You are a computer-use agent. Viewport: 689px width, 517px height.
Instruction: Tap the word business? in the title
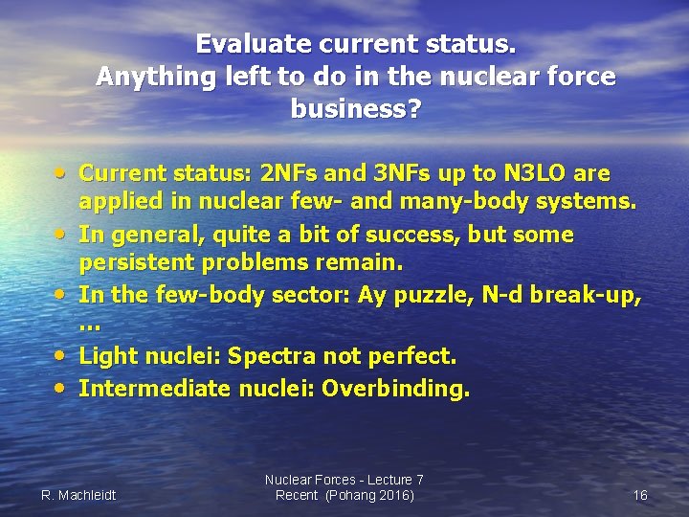tap(355, 109)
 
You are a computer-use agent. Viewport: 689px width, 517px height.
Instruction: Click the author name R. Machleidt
tap(78, 495)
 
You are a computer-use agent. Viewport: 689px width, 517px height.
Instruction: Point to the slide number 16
tap(640, 495)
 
